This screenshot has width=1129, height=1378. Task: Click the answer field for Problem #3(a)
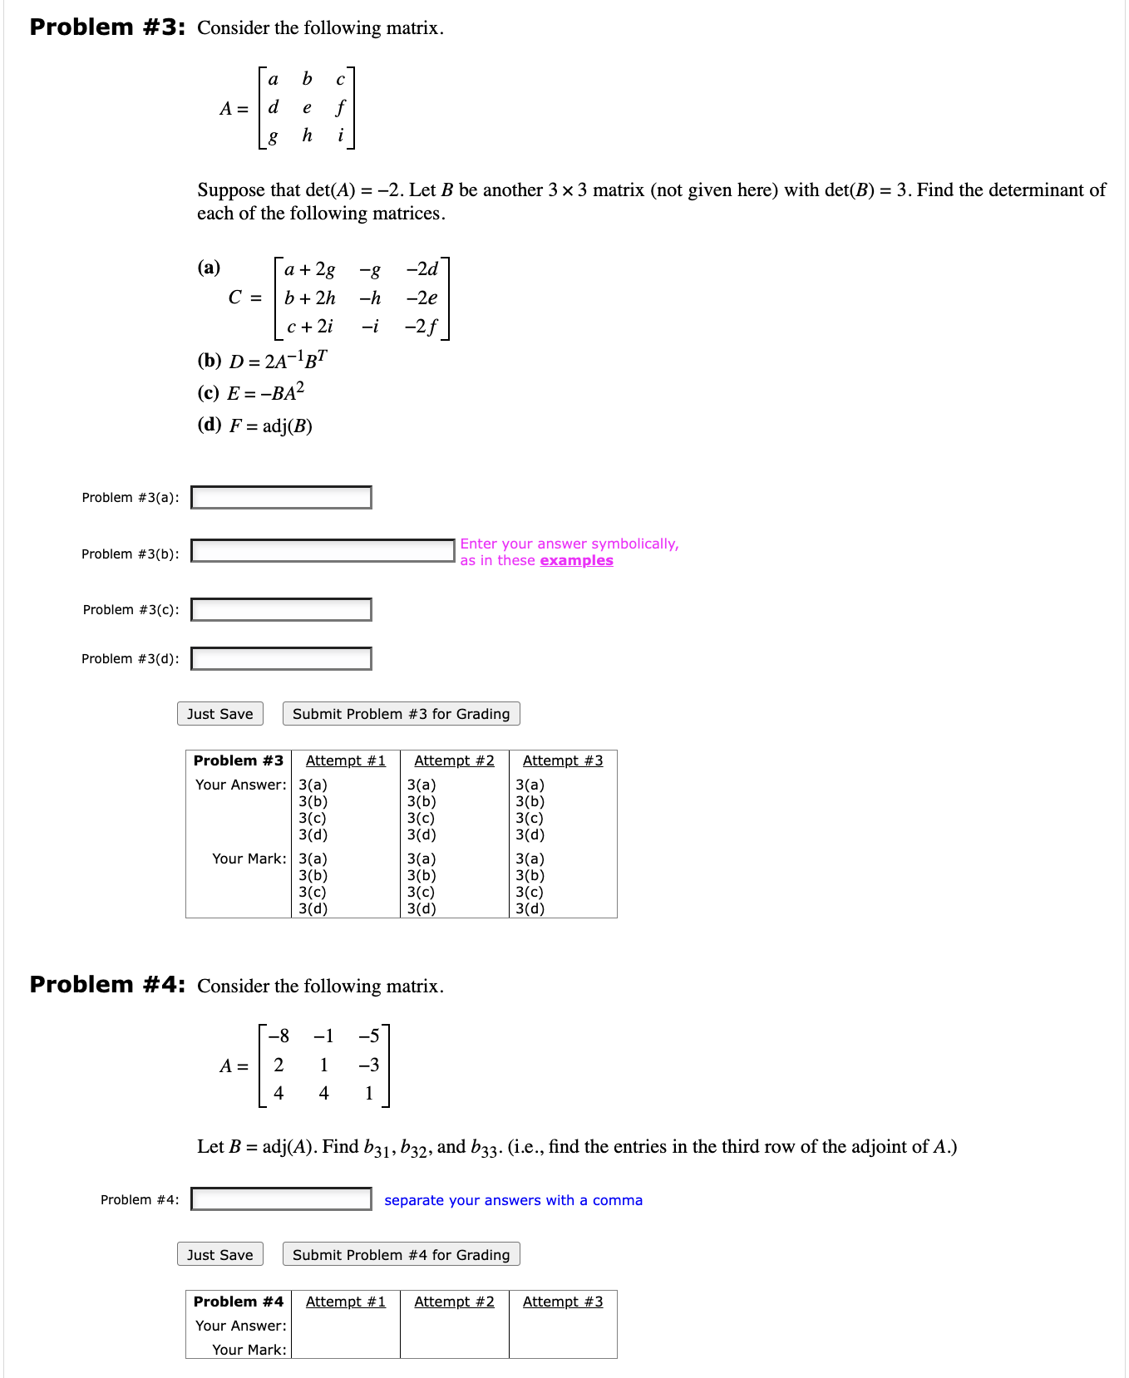click(281, 498)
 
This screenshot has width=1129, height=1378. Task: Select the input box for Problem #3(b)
click(323, 551)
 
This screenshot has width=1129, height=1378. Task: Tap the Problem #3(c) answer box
click(281, 610)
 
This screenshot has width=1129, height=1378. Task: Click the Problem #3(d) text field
click(281, 659)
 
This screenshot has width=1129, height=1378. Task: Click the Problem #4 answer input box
click(281, 1199)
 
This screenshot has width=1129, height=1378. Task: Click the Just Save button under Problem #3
click(220, 714)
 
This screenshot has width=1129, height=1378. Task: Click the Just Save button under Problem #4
click(220, 1255)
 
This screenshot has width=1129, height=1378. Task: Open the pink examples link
click(576, 561)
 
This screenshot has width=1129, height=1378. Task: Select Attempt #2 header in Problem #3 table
click(454, 761)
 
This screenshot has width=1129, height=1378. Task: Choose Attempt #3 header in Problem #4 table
click(563, 1302)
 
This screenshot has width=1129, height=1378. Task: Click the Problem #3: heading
click(107, 27)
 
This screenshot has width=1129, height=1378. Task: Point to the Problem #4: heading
click(107, 985)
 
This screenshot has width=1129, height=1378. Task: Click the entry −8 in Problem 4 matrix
click(279, 1036)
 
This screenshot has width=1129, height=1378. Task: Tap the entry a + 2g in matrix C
click(309, 270)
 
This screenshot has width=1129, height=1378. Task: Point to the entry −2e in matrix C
click(422, 298)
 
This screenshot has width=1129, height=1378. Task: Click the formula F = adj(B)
click(270, 426)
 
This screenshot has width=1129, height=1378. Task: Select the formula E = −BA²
click(265, 392)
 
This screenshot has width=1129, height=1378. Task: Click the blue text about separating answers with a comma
click(513, 1201)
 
